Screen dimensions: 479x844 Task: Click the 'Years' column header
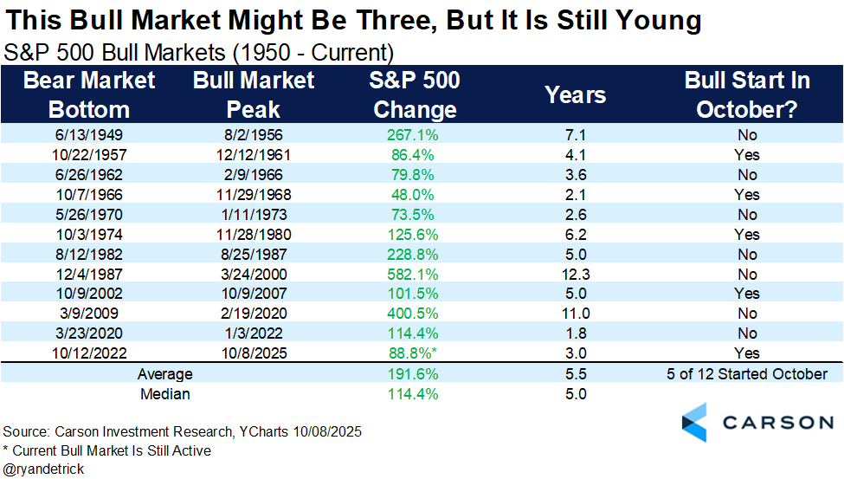tap(576, 95)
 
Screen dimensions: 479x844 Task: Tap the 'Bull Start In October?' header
tap(746, 95)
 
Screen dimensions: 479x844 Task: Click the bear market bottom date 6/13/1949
tap(89, 135)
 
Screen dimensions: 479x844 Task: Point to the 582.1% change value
tap(413, 274)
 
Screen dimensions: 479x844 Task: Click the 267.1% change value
tap(413, 135)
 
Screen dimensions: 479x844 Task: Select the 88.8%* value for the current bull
tap(415, 353)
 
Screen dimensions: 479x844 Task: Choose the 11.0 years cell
tap(576, 314)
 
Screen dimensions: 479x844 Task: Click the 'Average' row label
tap(164, 374)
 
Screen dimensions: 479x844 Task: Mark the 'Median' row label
tap(164, 394)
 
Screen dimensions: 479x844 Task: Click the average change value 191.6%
tap(413, 374)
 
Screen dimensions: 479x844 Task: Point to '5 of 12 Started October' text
tap(746, 374)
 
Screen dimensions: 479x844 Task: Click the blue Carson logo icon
tap(694, 422)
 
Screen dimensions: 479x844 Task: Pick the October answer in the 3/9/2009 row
tap(746, 314)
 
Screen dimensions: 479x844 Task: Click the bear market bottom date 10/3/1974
tap(89, 234)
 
